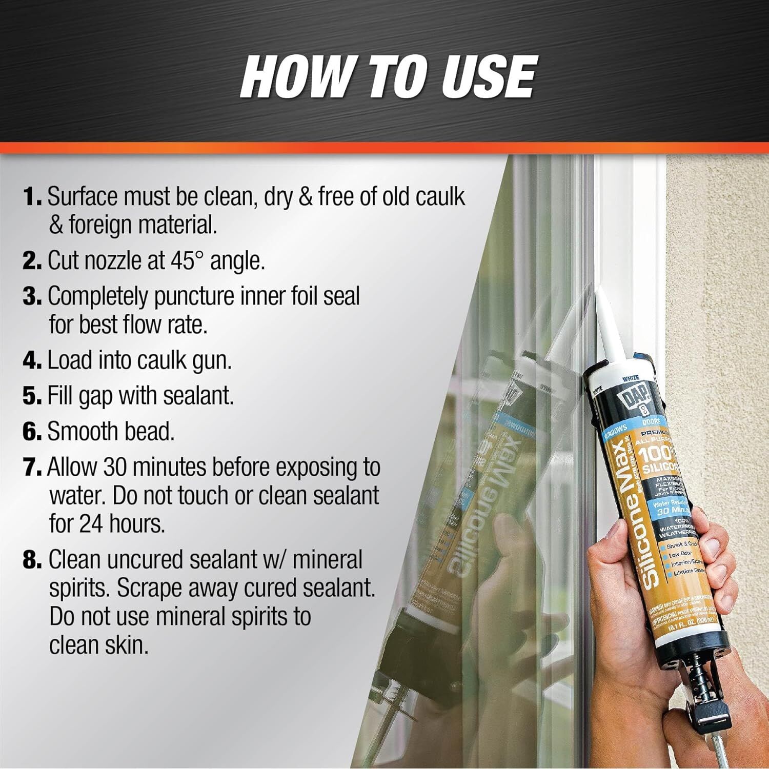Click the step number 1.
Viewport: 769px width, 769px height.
click(x=32, y=197)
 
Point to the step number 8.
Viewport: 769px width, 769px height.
click(x=32, y=560)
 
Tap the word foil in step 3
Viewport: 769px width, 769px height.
click(x=302, y=296)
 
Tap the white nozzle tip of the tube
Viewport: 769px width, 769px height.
click(x=601, y=308)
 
